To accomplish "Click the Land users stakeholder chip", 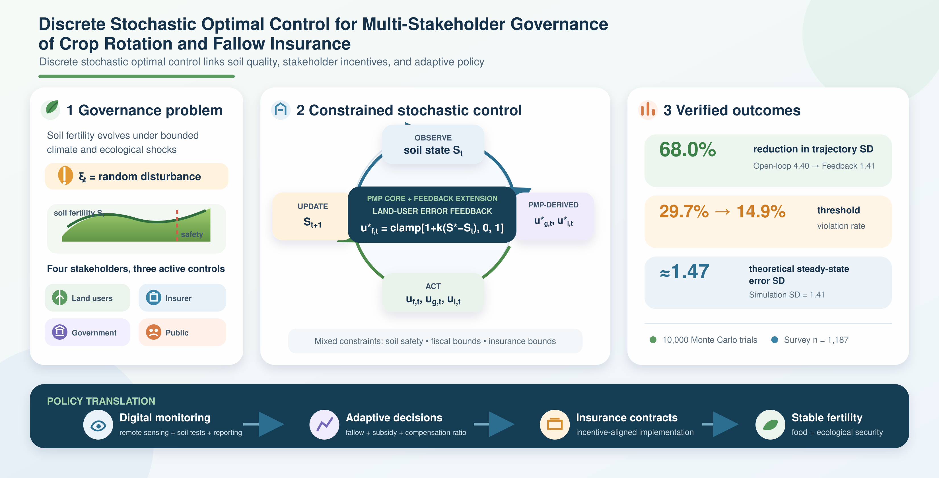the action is pyautogui.click(x=87, y=298).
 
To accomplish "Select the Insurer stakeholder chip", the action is pyautogui.click(x=182, y=298).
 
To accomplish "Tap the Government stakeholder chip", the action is pyautogui.click(x=87, y=332).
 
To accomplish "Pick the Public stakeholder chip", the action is pyautogui.click(x=182, y=332).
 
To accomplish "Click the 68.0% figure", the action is pyautogui.click(x=687, y=149).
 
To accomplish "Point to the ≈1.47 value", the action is pyautogui.click(x=684, y=272).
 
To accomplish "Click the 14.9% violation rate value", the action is pyautogui.click(x=761, y=211).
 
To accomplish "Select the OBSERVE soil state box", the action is pyautogui.click(x=433, y=144).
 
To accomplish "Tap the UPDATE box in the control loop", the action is pyautogui.click(x=312, y=216).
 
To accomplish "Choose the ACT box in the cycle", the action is pyautogui.click(x=433, y=293).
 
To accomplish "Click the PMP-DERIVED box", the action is pyautogui.click(x=553, y=216).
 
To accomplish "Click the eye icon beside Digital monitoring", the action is pyautogui.click(x=98, y=425).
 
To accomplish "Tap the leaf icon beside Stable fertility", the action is pyautogui.click(x=770, y=425).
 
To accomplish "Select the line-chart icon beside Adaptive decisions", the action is pyautogui.click(x=324, y=425).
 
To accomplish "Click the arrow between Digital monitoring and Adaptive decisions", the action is pyautogui.click(x=263, y=424).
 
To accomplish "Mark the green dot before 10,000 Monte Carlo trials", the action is pyautogui.click(x=653, y=340).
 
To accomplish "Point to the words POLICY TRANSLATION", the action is pyautogui.click(x=101, y=401).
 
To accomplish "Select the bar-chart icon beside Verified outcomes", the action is pyautogui.click(x=648, y=110).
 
